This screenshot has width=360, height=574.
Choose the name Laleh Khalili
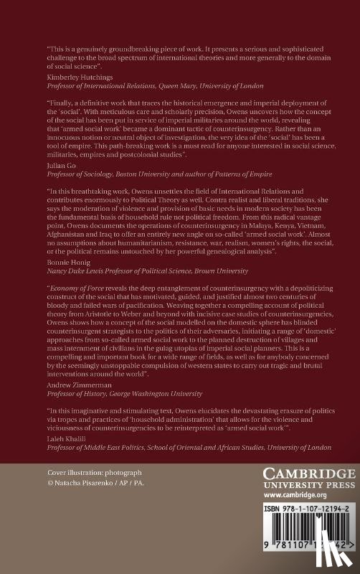pos(63,437)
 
